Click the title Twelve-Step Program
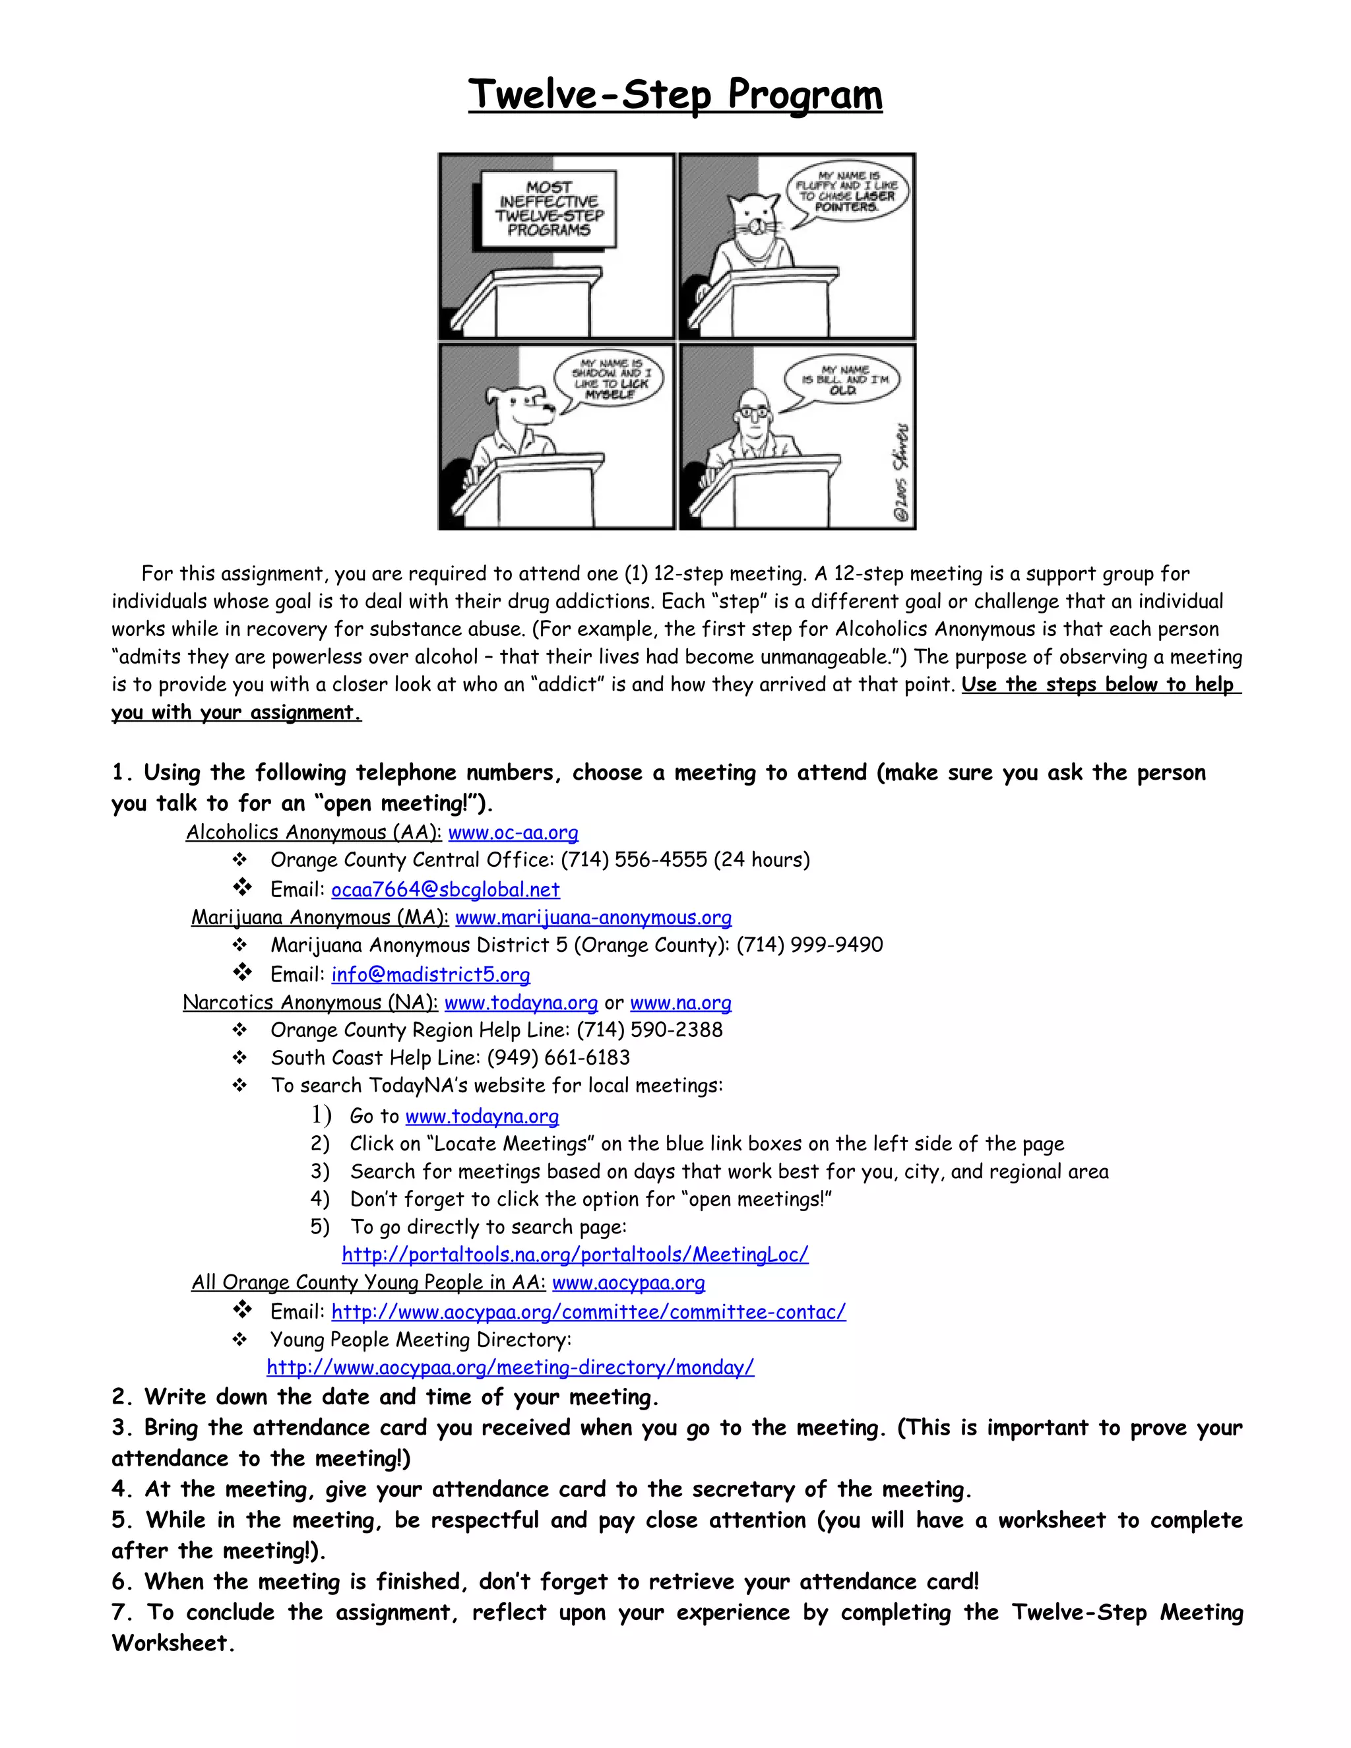pyautogui.click(x=675, y=94)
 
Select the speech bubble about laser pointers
pyautogui.click(x=848, y=191)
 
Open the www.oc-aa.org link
pyautogui.click(x=513, y=832)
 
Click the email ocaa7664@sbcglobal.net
pyautogui.click(x=445, y=889)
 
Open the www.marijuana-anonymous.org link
pyautogui.click(x=593, y=918)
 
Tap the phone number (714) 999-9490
pyautogui.click(x=809, y=945)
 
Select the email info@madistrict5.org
pyautogui.click(x=431, y=974)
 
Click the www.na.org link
pyautogui.click(x=680, y=1003)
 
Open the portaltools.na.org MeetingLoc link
pyautogui.click(x=575, y=1254)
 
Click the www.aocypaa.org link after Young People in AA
pyautogui.click(x=628, y=1282)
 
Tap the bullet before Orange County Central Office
pyautogui.click(x=239, y=860)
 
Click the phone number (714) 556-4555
pyautogui.click(x=634, y=860)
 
